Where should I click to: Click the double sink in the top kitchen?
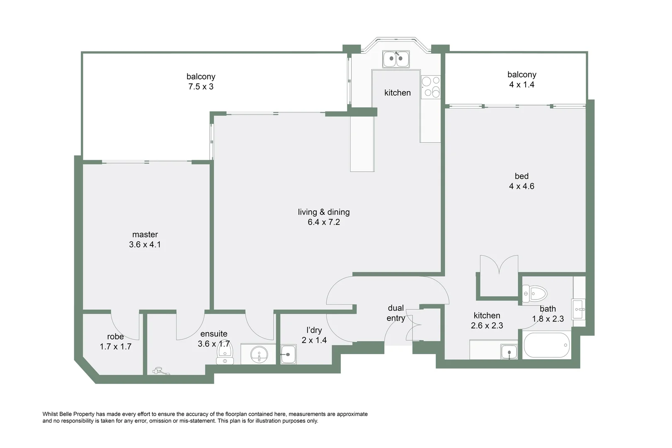click(x=396, y=59)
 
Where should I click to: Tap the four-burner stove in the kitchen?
click(x=431, y=87)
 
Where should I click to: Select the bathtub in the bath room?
click(x=546, y=346)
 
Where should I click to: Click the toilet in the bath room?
click(x=535, y=294)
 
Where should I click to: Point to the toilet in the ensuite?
click(x=225, y=355)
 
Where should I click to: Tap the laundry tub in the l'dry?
click(x=288, y=355)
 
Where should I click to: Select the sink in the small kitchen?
click(x=509, y=352)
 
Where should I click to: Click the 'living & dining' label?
click(x=324, y=212)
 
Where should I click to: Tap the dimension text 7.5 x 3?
click(x=201, y=87)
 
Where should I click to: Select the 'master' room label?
click(x=145, y=234)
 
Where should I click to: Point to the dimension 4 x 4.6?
click(x=522, y=186)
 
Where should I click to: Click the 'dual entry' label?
click(x=395, y=313)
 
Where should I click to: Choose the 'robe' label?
click(x=115, y=336)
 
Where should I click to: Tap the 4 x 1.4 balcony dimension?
click(x=522, y=85)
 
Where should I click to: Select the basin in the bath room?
click(x=579, y=309)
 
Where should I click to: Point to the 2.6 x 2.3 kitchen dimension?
click(x=487, y=326)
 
